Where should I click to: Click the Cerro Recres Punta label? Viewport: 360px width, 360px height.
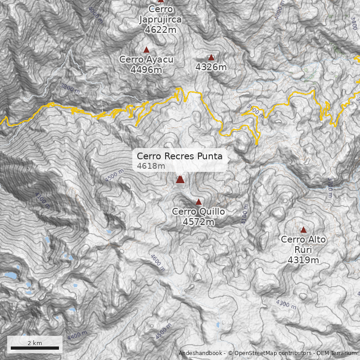180,156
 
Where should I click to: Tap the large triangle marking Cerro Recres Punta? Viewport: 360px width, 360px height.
180,179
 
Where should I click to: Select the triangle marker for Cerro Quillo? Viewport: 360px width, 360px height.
198,202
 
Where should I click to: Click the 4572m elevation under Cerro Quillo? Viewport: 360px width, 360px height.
198,221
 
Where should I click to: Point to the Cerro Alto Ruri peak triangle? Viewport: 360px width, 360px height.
303,229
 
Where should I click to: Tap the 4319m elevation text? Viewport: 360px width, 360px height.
303,260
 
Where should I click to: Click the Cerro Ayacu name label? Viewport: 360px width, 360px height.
146,59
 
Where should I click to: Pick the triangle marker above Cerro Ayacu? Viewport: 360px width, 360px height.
146,49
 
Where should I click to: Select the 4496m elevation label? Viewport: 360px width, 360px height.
146,70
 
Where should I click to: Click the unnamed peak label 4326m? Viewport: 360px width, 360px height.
211,67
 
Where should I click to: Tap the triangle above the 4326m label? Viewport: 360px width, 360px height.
211,57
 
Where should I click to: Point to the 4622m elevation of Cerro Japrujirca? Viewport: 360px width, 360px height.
161,30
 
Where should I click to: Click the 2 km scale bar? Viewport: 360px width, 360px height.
35,347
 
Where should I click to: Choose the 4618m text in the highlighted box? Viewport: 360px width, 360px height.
151,166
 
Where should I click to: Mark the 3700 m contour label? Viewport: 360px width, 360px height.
330,187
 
